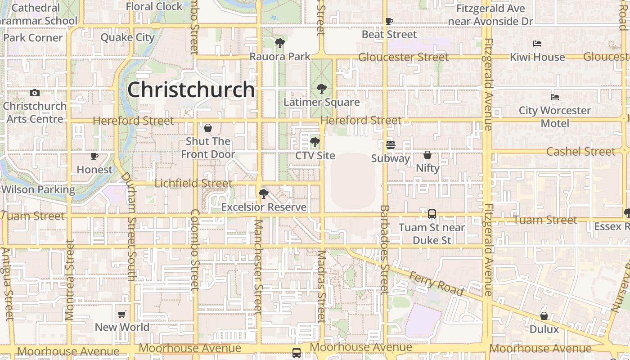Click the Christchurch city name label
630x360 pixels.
(x=191, y=90)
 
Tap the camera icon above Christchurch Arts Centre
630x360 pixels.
(x=35, y=93)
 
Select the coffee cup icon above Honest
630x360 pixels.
(x=94, y=157)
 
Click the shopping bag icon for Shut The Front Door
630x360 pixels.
(x=208, y=128)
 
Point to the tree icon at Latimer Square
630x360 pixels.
(x=321, y=89)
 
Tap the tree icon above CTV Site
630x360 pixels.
(x=315, y=143)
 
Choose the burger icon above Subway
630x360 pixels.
(x=391, y=145)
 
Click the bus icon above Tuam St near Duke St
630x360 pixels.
(x=432, y=214)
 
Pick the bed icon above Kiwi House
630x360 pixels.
(x=537, y=44)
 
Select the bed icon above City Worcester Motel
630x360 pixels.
(x=555, y=97)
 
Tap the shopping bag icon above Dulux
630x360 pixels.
(x=544, y=316)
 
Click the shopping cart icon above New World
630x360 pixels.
(x=122, y=314)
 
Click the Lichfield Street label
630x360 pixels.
(x=193, y=184)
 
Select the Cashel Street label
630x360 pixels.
(x=580, y=152)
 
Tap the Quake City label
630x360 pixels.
(x=128, y=37)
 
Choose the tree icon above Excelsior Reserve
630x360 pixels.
(x=264, y=194)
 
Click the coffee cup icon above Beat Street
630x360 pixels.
(x=389, y=21)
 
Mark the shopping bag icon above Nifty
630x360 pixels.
(x=427, y=155)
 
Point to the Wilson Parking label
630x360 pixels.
(x=38, y=189)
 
